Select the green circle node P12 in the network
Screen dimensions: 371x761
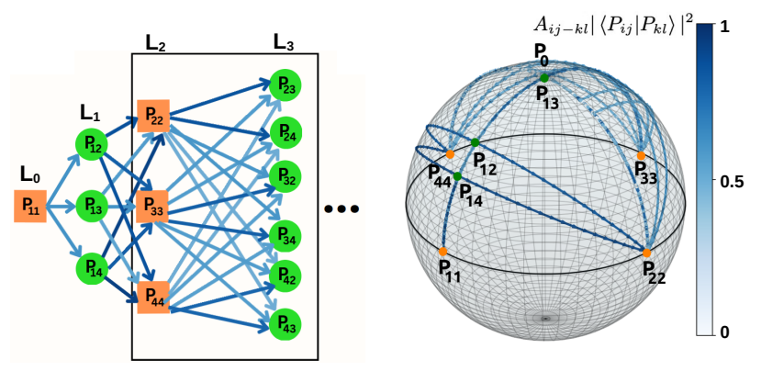pyautogui.click(x=93, y=144)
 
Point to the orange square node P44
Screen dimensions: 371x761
pyautogui.click(x=152, y=298)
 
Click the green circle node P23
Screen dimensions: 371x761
pyautogui.click(x=285, y=86)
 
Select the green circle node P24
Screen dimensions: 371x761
pyautogui.click(x=285, y=133)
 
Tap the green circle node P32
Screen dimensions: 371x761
pyautogui.click(x=285, y=178)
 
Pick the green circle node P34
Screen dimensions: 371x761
pyautogui.click(x=285, y=236)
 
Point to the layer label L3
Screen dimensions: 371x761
pyautogui.click(x=285, y=43)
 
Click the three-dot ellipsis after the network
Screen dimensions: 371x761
pyautogui.click(x=342, y=209)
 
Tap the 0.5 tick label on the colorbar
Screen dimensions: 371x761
pyautogui.click(x=733, y=182)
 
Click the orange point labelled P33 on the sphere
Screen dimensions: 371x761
pyautogui.click(x=641, y=156)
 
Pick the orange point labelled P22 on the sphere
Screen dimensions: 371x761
pyautogui.click(x=646, y=253)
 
